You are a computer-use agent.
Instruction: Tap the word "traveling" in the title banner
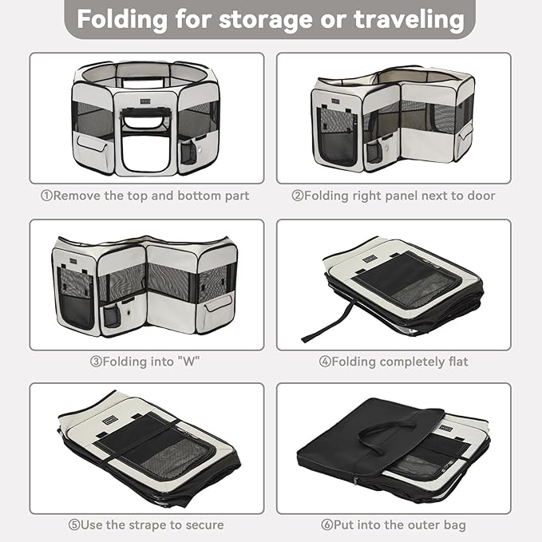409,20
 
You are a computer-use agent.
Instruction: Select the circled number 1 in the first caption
46,196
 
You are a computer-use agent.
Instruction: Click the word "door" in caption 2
481,196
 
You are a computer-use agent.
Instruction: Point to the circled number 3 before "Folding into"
96,362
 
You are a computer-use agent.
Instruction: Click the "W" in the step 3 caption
188,362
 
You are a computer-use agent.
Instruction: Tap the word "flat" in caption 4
458,362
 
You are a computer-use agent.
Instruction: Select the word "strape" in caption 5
151,525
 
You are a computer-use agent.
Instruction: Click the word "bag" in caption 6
455,525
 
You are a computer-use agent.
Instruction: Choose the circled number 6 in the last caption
326,524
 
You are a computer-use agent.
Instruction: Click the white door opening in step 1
145,152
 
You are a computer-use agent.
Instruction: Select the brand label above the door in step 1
145,101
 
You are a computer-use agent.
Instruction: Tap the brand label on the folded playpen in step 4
369,259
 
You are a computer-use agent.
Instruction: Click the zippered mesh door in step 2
337,136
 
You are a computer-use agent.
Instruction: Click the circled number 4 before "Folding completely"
325,362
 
